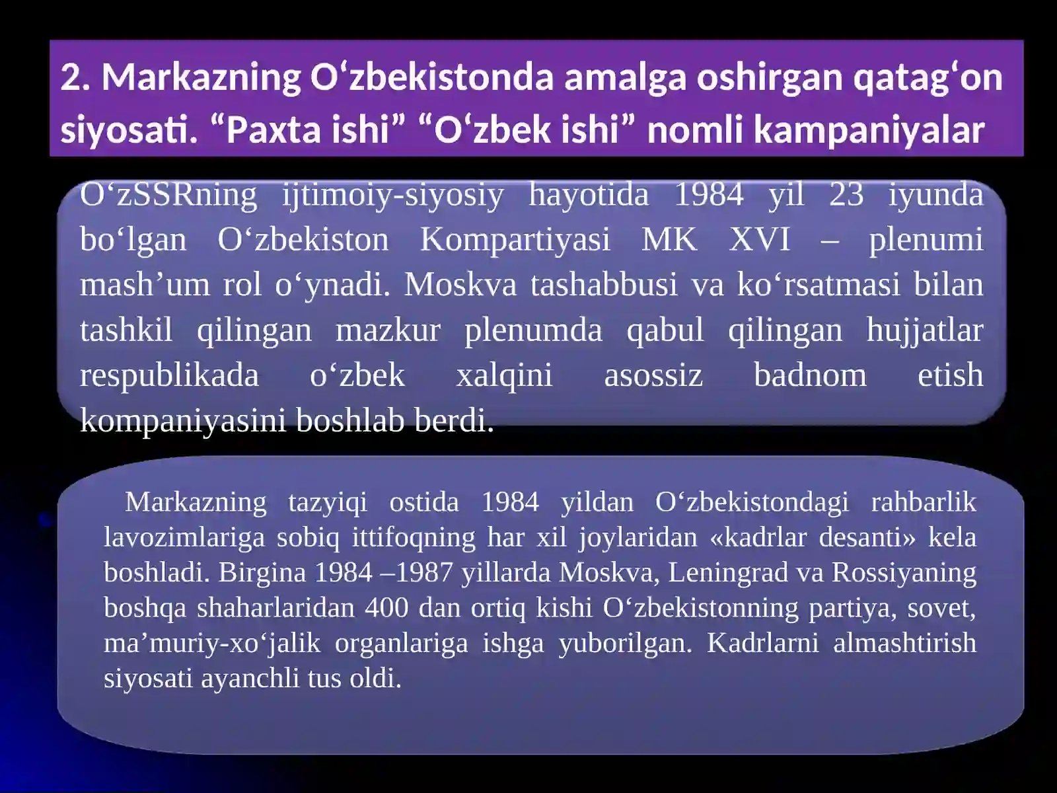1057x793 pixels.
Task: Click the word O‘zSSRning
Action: (168, 196)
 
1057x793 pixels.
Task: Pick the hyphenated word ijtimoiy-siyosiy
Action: (393, 196)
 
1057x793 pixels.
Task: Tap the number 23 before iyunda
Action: (846, 196)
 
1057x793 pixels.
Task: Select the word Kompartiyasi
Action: (515, 240)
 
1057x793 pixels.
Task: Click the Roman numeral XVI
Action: (760, 240)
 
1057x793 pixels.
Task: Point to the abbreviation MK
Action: (669, 240)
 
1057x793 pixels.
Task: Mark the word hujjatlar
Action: (925, 330)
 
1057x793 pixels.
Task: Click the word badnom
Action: (810, 375)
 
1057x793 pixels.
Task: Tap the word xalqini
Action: (504, 375)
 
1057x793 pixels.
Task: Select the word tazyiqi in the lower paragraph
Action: (328, 502)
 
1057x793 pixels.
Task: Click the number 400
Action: (386, 607)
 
